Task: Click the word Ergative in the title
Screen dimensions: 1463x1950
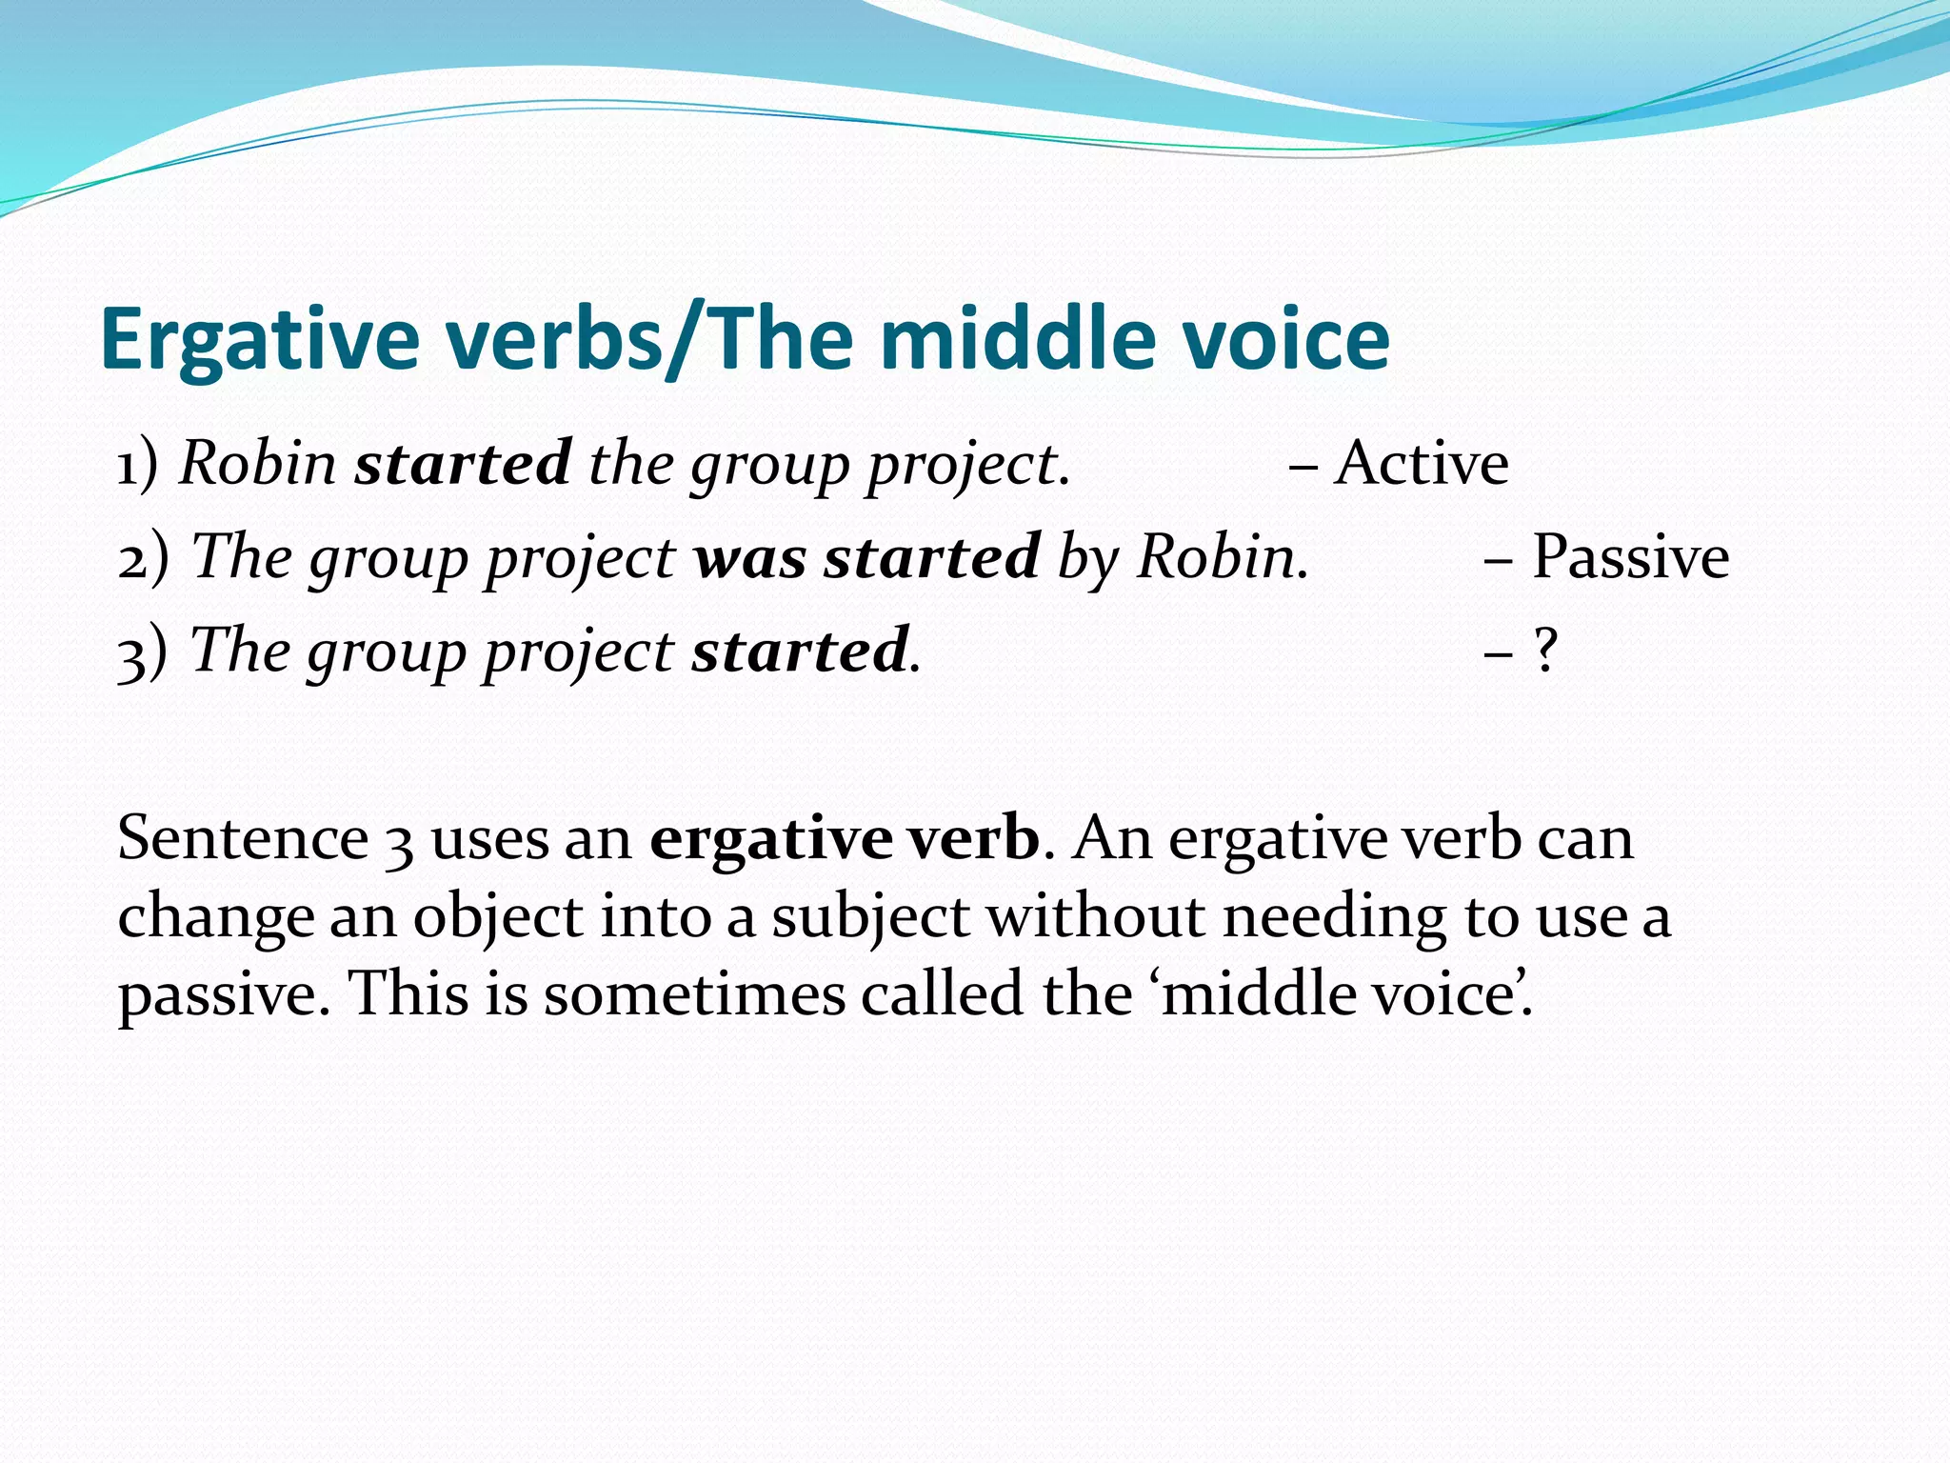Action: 260,340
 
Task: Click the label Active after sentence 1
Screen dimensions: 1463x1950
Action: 1421,464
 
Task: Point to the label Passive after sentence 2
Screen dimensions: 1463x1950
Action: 1630,556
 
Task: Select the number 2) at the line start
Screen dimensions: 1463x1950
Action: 144,558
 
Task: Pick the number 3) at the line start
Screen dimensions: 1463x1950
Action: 143,652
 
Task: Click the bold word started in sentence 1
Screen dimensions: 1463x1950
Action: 463,464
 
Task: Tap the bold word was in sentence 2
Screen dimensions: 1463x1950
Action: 750,558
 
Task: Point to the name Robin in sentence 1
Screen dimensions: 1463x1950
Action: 258,464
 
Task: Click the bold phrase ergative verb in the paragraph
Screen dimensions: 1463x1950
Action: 845,839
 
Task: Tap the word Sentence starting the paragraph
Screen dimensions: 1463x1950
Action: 243,839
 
